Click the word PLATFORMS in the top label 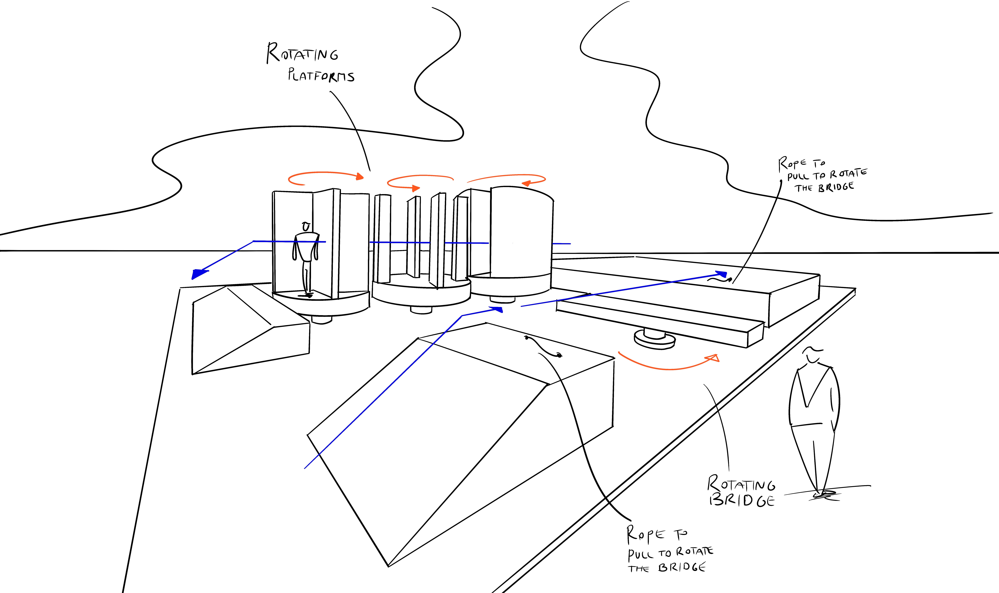coord(321,75)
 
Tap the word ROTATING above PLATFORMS coord(302,53)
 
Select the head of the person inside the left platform coord(306,227)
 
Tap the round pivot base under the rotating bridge coord(655,340)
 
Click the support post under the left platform coord(322,320)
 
